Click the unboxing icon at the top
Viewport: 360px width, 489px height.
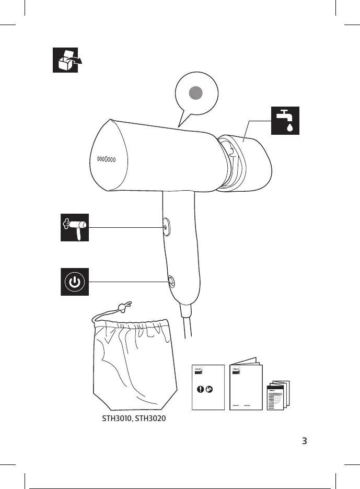(x=65, y=60)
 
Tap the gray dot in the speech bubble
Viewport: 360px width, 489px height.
(x=196, y=94)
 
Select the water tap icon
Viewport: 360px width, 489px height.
(x=284, y=121)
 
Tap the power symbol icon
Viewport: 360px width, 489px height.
(x=75, y=282)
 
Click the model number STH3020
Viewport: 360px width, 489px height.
(x=150, y=420)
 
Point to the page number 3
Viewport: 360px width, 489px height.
(x=305, y=440)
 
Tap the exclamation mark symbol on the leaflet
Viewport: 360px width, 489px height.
(x=201, y=389)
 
